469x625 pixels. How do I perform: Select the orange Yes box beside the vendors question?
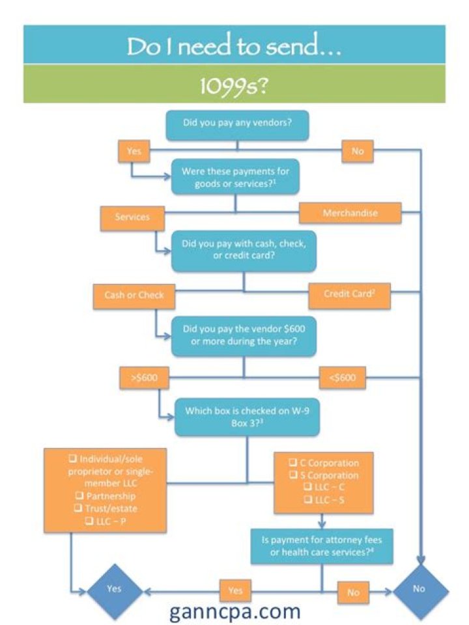coord(134,152)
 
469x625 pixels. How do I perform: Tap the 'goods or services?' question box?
coord(236,176)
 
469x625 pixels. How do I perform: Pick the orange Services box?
coord(132,217)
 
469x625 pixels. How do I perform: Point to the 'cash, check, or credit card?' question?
coord(244,250)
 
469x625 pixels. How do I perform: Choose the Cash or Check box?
coord(134,295)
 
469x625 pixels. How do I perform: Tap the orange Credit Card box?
coord(348,294)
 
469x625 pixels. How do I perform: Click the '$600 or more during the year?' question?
coord(244,335)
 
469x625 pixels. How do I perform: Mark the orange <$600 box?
coord(342,377)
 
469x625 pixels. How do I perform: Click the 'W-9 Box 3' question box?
coord(247,417)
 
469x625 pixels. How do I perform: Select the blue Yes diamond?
coord(114,589)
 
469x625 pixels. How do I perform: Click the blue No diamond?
coord(419,589)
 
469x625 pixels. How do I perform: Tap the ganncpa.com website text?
coord(235,611)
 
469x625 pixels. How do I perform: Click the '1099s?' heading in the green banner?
coord(234,84)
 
